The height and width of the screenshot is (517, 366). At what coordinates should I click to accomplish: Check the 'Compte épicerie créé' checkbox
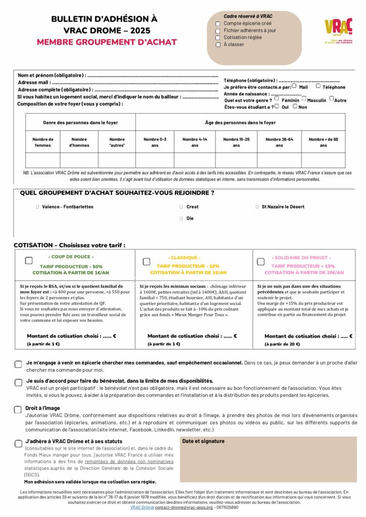click(x=217, y=24)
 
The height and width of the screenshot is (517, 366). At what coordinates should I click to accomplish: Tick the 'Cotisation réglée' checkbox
click(x=217, y=38)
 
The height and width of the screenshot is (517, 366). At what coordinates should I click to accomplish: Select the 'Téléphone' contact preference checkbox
click(x=318, y=86)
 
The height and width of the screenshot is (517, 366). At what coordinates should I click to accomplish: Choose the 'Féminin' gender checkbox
click(x=277, y=99)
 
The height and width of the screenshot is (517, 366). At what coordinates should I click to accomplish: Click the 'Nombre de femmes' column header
click(x=43, y=142)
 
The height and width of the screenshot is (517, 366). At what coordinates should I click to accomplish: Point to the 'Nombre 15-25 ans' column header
click(x=236, y=142)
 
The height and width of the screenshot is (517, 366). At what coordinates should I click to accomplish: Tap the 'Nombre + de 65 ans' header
click(x=323, y=142)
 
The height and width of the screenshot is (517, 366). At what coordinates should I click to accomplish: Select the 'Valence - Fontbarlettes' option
click(x=37, y=207)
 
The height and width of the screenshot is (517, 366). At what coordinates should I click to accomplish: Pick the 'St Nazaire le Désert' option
click(x=257, y=207)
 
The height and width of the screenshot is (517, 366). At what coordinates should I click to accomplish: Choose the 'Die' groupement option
click(x=181, y=219)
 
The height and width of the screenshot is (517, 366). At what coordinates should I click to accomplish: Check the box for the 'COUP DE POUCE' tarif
click(x=29, y=261)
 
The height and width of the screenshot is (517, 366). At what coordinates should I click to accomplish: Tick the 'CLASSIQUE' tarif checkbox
click(x=146, y=262)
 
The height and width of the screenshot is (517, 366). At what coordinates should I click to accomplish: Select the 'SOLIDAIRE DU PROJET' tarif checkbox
click(x=261, y=262)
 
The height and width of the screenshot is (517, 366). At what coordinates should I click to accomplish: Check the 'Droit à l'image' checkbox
click(x=18, y=409)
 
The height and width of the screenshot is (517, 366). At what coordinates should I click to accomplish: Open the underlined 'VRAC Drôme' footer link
click(x=142, y=507)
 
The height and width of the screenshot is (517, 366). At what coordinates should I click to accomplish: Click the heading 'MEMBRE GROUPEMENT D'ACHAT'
click(x=107, y=42)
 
